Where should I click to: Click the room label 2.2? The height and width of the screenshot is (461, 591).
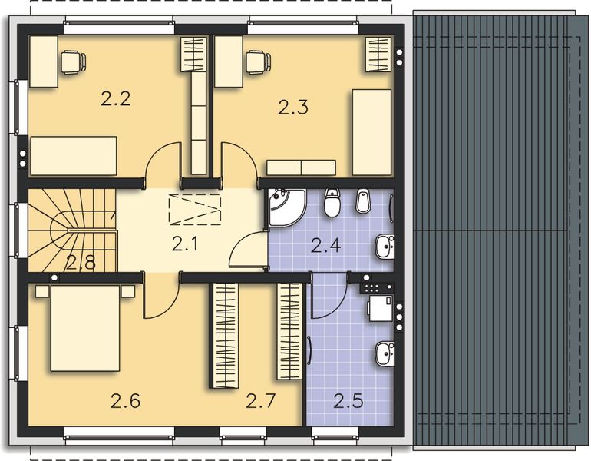pos(115,98)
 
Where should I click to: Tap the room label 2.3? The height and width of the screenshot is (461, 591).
pos(293,108)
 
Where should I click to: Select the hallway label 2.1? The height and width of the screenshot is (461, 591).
pos(185,245)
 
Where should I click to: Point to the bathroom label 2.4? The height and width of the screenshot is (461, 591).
pos(326,246)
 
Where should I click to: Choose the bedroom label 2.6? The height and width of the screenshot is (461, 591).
pos(126,401)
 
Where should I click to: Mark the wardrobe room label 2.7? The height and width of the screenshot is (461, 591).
pos(261,401)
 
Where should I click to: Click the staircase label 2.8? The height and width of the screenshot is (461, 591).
pos(80,263)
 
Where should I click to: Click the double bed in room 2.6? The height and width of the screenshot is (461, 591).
pos(84,327)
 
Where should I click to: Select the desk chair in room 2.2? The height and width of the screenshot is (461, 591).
pos(73,61)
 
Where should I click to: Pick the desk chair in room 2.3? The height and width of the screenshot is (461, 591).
pos(257,61)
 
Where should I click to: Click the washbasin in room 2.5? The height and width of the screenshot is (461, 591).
pos(385,354)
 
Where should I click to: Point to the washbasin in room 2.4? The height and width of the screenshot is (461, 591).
pos(385,247)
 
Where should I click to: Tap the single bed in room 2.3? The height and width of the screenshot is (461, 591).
pos(371,132)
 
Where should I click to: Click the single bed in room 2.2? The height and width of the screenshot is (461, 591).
pos(73,156)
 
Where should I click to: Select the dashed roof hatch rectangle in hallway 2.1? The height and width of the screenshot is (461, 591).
pos(195,208)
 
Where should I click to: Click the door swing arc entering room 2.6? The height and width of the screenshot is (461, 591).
pos(160,300)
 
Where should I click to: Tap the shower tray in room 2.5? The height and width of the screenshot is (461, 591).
pos(379,307)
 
